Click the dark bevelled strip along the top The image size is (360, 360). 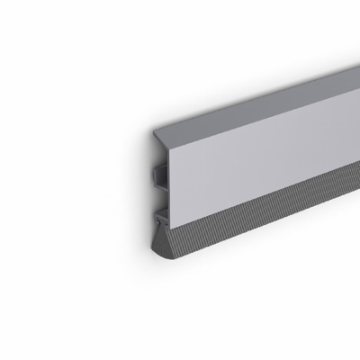click(261, 94)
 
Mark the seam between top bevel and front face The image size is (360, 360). click(261, 111)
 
